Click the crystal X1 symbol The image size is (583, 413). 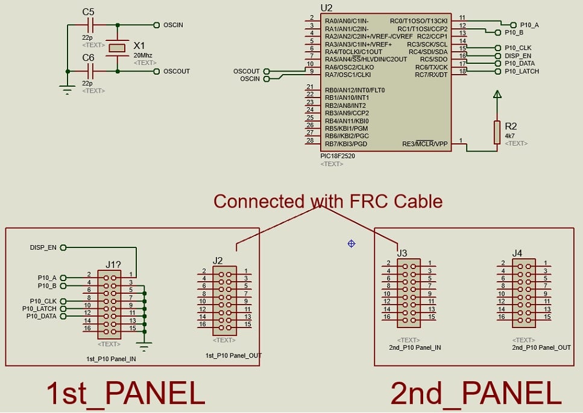click(116, 48)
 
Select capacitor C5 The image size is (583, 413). click(90, 25)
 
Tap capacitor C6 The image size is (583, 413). click(90, 71)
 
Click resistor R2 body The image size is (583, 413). click(497, 132)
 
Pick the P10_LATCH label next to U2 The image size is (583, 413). click(522, 71)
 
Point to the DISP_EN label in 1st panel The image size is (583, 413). click(43, 247)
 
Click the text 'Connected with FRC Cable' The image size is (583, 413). click(328, 201)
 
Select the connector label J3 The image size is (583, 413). click(402, 253)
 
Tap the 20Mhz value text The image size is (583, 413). click(143, 55)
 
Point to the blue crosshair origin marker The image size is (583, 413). click(351, 243)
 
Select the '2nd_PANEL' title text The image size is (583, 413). click(476, 394)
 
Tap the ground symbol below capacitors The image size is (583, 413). click(67, 90)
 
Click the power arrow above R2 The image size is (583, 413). click(497, 94)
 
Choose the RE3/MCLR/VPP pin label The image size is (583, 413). click(425, 144)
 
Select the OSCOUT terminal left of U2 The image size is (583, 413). click(247, 72)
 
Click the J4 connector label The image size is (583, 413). click(517, 253)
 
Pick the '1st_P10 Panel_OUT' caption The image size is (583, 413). click(234, 355)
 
